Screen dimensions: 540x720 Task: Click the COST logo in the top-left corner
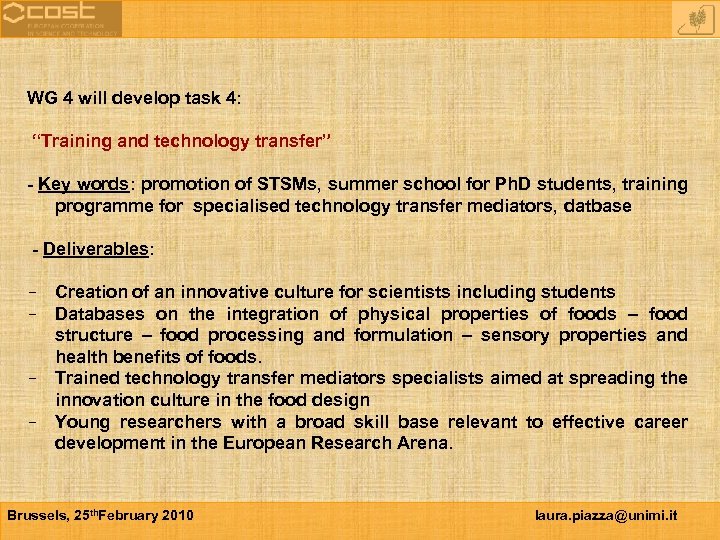click(x=60, y=18)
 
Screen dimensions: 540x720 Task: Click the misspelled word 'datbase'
click(x=600, y=206)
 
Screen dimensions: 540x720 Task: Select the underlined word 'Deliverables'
click(x=96, y=249)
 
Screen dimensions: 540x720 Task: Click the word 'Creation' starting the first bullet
click(x=90, y=292)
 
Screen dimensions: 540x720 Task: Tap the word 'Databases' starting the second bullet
click(x=98, y=314)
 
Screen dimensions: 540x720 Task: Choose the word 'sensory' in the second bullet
click(x=514, y=335)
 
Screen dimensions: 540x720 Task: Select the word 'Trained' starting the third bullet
click(x=87, y=378)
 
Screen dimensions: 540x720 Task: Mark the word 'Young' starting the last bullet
click(x=82, y=422)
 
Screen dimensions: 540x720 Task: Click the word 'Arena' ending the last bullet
click(x=425, y=443)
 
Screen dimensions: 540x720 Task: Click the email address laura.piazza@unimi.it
click(x=606, y=515)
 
